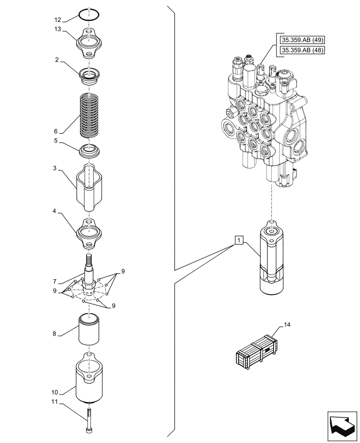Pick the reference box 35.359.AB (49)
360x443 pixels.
[x=302, y=40]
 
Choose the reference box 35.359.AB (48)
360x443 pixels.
[x=302, y=50]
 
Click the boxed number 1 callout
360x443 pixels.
[x=239, y=241]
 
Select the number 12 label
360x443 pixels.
[x=58, y=20]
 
